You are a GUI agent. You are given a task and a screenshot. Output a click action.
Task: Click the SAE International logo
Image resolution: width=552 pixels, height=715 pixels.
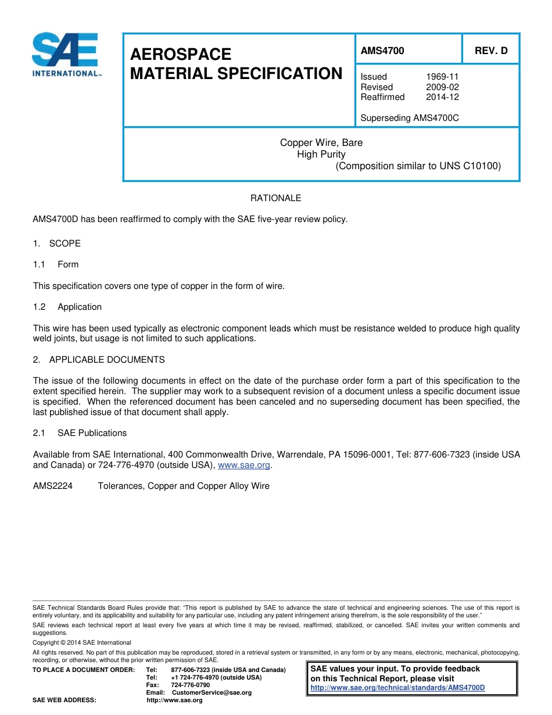click(x=65, y=54)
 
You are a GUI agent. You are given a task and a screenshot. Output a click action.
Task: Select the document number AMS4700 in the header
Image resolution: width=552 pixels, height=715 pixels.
click(x=382, y=51)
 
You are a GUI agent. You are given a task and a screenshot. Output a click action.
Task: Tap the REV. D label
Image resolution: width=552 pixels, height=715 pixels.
click(x=490, y=51)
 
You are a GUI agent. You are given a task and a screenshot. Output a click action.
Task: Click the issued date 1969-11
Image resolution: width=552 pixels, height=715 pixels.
click(x=442, y=77)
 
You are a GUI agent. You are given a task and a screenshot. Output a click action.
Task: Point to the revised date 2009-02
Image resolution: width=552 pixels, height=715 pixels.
click(x=442, y=87)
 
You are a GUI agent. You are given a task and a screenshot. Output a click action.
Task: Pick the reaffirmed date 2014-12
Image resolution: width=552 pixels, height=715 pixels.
click(x=442, y=97)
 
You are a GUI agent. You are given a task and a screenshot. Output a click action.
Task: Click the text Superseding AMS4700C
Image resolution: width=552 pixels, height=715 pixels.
click(x=409, y=118)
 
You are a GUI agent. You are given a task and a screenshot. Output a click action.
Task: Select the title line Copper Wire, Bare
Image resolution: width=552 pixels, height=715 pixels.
click(x=321, y=143)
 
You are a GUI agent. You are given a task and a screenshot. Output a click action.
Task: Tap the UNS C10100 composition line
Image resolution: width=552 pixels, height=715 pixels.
click(x=418, y=166)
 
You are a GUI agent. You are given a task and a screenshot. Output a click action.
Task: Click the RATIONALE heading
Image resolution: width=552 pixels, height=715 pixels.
click(x=275, y=198)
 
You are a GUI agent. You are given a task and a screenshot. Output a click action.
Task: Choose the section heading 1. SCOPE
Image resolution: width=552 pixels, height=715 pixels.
click(x=57, y=244)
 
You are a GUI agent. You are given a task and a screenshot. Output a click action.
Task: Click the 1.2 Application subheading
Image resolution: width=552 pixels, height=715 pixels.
click(x=67, y=307)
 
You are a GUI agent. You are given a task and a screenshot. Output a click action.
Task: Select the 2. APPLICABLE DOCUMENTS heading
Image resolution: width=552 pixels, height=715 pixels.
click(x=99, y=360)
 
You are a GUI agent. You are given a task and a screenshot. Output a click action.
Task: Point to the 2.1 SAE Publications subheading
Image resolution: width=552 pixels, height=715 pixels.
click(x=80, y=433)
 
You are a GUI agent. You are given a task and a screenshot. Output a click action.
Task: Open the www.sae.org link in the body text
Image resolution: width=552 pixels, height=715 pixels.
click(x=243, y=465)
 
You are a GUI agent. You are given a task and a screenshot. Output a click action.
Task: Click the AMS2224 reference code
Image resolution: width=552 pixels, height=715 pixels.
click(x=53, y=486)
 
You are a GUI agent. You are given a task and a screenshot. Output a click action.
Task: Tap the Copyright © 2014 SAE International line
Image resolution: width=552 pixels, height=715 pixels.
click(x=82, y=642)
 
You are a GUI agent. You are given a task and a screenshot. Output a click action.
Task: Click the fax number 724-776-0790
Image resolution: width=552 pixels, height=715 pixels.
click(x=191, y=685)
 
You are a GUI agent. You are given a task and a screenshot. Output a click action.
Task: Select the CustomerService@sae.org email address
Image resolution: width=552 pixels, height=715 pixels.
click(x=212, y=693)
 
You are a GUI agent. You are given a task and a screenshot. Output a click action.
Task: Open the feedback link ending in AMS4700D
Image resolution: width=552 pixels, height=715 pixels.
click(x=397, y=688)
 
